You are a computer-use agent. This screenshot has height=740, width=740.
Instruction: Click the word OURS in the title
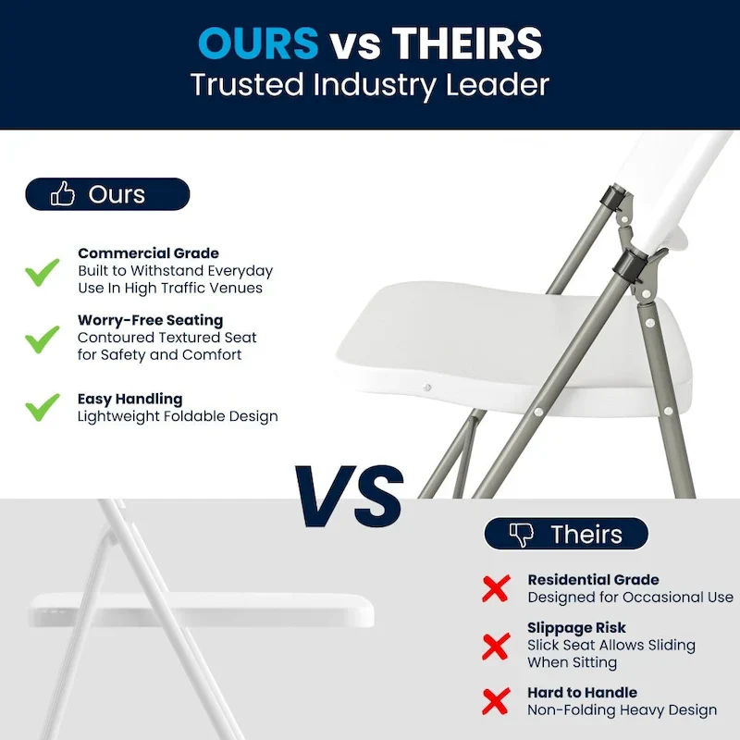click(258, 43)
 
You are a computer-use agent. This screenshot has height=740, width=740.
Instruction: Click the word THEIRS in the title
click(466, 43)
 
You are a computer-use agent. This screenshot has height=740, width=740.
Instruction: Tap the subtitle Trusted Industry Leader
click(370, 84)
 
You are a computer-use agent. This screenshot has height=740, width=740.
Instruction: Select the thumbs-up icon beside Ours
click(63, 194)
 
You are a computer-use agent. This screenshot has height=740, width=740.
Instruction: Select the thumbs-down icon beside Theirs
click(523, 534)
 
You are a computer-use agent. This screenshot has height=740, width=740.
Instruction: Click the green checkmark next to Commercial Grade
click(42, 272)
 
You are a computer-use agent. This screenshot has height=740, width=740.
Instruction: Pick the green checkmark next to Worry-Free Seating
click(42, 339)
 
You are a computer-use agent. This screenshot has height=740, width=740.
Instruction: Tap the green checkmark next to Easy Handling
click(42, 407)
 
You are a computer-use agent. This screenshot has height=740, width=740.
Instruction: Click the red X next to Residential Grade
click(497, 587)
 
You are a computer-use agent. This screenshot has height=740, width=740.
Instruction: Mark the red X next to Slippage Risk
click(497, 645)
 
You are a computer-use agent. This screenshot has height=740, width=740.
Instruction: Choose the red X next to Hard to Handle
click(497, 700)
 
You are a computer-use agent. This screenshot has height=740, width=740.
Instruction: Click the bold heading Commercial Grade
click(148, 253)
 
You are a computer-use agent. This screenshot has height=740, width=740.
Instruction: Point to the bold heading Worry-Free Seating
click(150, 320)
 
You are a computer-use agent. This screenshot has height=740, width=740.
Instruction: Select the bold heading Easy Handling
click(129, 399)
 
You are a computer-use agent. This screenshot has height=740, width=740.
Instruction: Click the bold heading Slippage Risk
click(576, 627)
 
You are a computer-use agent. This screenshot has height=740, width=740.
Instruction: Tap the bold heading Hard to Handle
click(582, 692)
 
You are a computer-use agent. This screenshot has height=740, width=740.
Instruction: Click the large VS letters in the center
click(349, 496)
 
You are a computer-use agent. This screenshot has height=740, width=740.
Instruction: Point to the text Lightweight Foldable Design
click(178, 416)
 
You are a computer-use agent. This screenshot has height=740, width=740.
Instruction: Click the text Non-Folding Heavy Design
click(622, 709)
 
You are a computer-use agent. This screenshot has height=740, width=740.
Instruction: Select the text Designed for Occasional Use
click(630, 598)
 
